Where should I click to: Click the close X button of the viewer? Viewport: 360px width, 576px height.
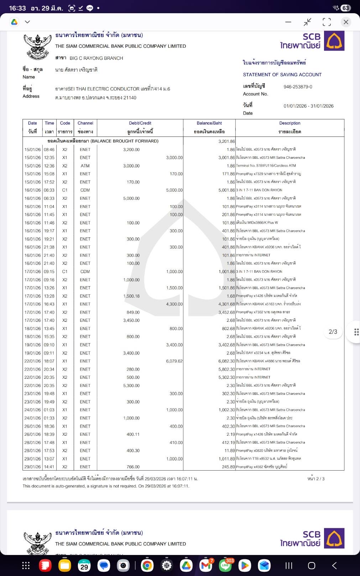click(346, 22)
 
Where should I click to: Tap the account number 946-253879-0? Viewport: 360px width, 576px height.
click(298, 87)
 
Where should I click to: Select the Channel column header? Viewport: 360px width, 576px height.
click(85, 123)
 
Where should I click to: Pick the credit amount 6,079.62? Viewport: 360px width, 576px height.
click(174, 361)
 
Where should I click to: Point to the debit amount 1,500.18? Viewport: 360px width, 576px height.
click(131, 296)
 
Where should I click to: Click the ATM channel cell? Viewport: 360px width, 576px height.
click(85, 166)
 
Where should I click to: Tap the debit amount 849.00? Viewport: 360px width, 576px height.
click(133, 313)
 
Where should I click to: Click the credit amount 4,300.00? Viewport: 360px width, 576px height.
click(174, 304)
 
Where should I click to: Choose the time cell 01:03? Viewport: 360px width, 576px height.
click(49, 410)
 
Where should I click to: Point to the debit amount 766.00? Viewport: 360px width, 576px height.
click(133, 467)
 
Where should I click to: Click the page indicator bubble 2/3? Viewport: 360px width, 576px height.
click(333, 332)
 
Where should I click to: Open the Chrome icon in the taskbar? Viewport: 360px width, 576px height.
click(147, 566)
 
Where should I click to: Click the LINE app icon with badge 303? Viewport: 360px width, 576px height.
click(225, 565)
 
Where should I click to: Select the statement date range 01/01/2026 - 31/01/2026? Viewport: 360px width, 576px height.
click(308, 106)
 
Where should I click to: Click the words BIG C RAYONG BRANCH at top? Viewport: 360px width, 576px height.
click(96, 58)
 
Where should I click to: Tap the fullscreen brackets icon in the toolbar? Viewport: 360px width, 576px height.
click(327, 22)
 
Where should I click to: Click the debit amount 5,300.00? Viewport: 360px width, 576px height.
click(131, 386)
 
